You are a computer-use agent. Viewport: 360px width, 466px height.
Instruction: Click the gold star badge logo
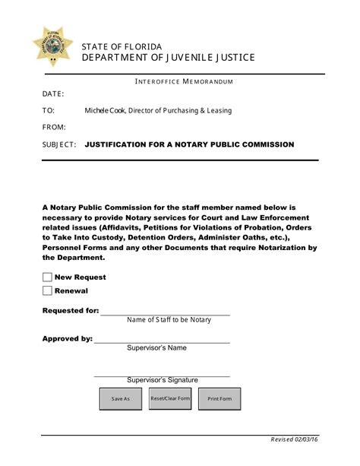tap(52, 45)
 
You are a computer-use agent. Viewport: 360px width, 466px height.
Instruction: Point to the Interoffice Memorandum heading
tap(183, 81)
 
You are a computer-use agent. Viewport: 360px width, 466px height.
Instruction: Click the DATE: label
tap(53, 94)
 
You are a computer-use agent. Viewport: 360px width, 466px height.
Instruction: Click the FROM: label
tap(55, 127)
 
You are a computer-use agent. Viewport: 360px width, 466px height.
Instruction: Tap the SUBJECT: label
tap(59, 144)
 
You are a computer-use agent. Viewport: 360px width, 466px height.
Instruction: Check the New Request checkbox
tap(47, 277)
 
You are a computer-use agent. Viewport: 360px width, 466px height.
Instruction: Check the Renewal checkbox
tap(47, 290)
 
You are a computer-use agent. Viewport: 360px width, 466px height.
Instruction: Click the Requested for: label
tap(70, 310)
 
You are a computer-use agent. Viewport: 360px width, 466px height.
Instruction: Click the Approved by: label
tap(67, 338)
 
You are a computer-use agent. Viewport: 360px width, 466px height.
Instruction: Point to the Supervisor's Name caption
tap(156, 348)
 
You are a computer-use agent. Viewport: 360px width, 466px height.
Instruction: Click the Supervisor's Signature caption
tap(162, 380)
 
